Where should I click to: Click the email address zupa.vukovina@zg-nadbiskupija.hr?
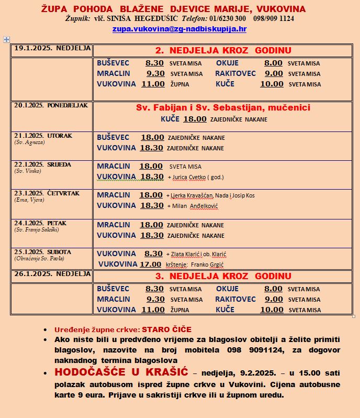[179, 29]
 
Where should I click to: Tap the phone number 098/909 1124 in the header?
[273, 18]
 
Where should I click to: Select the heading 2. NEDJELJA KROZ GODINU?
[223, 50]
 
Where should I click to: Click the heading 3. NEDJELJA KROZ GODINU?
[223, 276]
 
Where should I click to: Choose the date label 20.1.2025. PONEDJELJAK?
[51, 105]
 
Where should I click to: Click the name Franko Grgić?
[210, 265]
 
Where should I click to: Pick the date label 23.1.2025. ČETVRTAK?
[47, 193]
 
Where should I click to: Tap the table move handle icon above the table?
[6, 39]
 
